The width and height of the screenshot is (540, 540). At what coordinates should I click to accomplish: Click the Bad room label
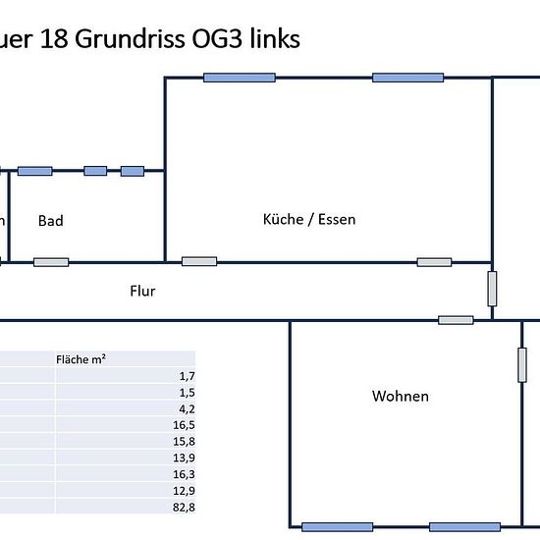(51, 221)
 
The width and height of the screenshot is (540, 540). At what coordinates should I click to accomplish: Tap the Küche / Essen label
(309, 219)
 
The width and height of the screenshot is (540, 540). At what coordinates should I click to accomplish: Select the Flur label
(142, 291)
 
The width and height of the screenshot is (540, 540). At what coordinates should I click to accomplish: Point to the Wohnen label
(401, 396)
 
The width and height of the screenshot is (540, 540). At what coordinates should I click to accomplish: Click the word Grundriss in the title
(130, 39)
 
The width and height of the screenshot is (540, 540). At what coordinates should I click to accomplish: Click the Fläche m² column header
(81, 359)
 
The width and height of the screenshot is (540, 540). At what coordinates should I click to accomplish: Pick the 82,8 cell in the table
(184, 508)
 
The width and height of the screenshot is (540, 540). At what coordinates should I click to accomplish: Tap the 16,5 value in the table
(184, 425)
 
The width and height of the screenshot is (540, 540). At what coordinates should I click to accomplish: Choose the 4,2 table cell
(187, 408)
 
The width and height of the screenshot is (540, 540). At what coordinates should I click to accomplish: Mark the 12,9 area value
(184, 491)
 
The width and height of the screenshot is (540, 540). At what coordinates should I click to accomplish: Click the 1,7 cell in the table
(187, 376)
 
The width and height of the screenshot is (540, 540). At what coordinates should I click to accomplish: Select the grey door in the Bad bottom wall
(51, 262)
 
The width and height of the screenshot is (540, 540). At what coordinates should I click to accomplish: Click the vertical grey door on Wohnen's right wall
(522, 365)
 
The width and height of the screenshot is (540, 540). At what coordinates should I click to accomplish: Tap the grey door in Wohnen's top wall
(456, 320)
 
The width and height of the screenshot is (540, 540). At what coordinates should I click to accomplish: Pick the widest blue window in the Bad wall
(34, 171)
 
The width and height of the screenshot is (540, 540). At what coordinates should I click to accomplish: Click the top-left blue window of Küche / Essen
(240, 78)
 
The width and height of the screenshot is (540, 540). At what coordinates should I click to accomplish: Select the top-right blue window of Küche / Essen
(407, 78)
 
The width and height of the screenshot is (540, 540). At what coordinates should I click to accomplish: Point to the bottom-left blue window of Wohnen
(337, 527)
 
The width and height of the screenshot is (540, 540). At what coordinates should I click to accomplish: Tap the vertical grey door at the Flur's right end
(492, 289)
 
